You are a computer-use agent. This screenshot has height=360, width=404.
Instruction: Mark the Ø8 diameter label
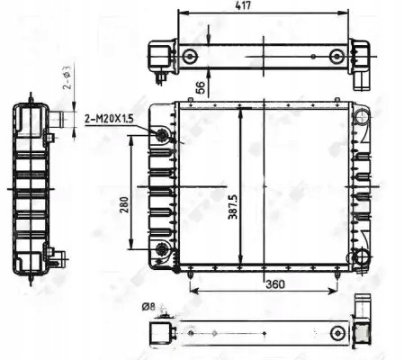pyautogui.click(x=148, y=308)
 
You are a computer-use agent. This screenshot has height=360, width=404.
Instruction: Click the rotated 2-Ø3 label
pyautogui.click(x=67, y=85)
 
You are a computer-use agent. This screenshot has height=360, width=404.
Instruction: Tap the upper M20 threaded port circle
pyautogui.click(x=162, y=135)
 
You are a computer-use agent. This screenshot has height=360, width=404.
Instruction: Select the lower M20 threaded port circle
pyautogui.click(x=162, y=248)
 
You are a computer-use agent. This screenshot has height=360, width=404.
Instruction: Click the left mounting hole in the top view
pyautogui.click(x=189, y=58)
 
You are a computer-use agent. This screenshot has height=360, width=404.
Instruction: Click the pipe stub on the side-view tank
pyautogui.click(x=61, y=118)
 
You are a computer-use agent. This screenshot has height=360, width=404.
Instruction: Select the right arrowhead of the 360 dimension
pyautogui.click(x=337, y=292)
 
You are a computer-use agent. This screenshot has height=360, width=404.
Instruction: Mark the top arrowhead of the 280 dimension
pyautogui.click(x=132, y=136)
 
